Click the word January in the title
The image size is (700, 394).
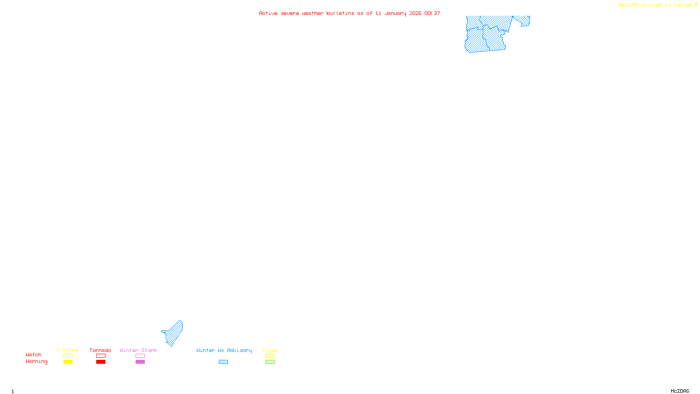coord(395,14)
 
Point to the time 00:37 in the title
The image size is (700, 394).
coord(432,14)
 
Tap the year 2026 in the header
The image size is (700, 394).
coord(415,14)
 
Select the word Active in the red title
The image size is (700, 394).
coord(268,14)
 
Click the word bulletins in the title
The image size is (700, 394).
coord(340,14)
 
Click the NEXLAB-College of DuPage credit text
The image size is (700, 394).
coord(655,5)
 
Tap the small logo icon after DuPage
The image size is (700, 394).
coord(696,5)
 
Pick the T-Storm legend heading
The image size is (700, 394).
coord(67,350)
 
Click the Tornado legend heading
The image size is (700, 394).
coord(100,350)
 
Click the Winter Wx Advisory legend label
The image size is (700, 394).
coord(224,350)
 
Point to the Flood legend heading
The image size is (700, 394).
coord(270,350)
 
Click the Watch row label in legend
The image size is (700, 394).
coord(34,355)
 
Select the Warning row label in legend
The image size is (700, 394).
coord(37,362)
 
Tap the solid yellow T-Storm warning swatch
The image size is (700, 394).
coord(68,362)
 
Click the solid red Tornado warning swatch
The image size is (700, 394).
coord(101,362)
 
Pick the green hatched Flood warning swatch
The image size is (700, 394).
coord(270,362)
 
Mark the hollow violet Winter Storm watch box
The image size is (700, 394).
coord(140,356)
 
